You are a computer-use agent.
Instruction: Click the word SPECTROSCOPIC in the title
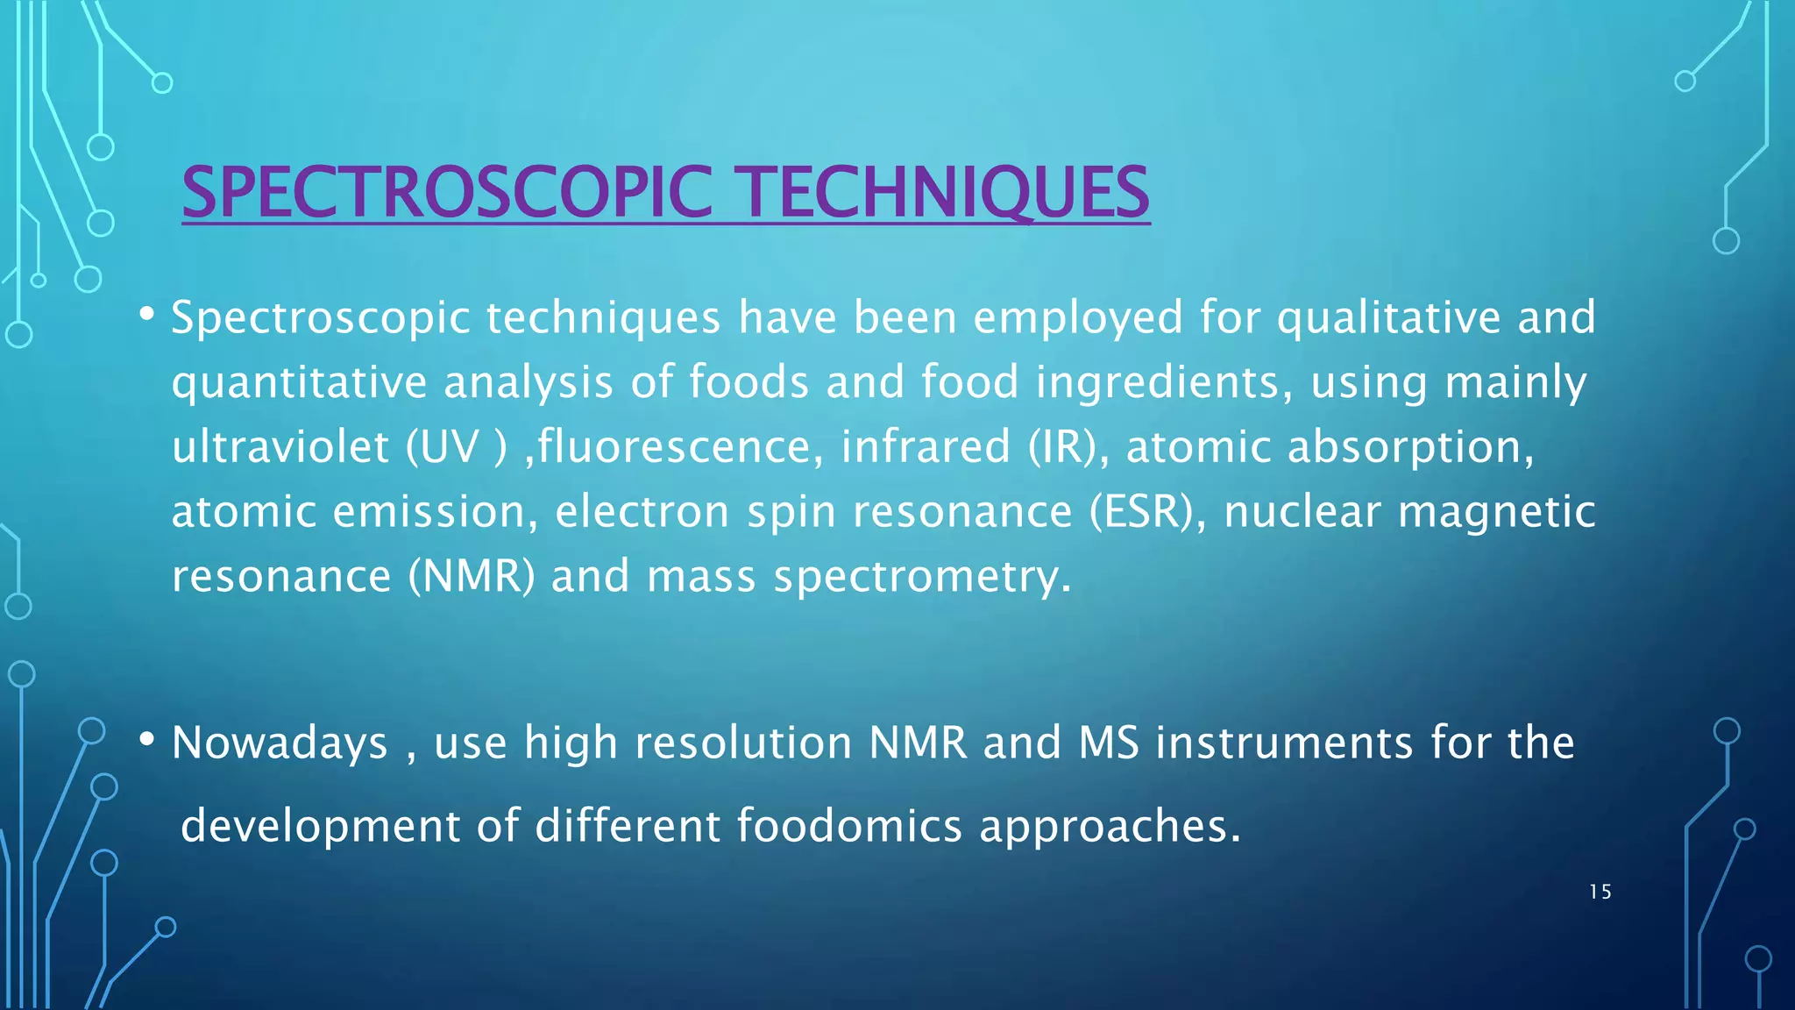point(447,192)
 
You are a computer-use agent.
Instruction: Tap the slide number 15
point(1600,893)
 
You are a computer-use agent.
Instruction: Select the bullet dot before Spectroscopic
point(147,313)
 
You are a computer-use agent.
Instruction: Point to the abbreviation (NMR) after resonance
point(472,576)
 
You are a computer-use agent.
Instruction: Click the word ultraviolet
point(280,446)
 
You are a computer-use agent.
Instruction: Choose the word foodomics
point(848,825)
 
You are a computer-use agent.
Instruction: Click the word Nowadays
point(280,743)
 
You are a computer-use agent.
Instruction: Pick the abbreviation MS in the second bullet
point(1109,743)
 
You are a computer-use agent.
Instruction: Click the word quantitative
point(299,382)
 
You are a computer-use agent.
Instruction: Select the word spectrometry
point(921,576)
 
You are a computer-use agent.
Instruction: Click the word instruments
point(1284,743)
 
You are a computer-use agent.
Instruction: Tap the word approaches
point(1110,827)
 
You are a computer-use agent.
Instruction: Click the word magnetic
point(1496,511)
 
